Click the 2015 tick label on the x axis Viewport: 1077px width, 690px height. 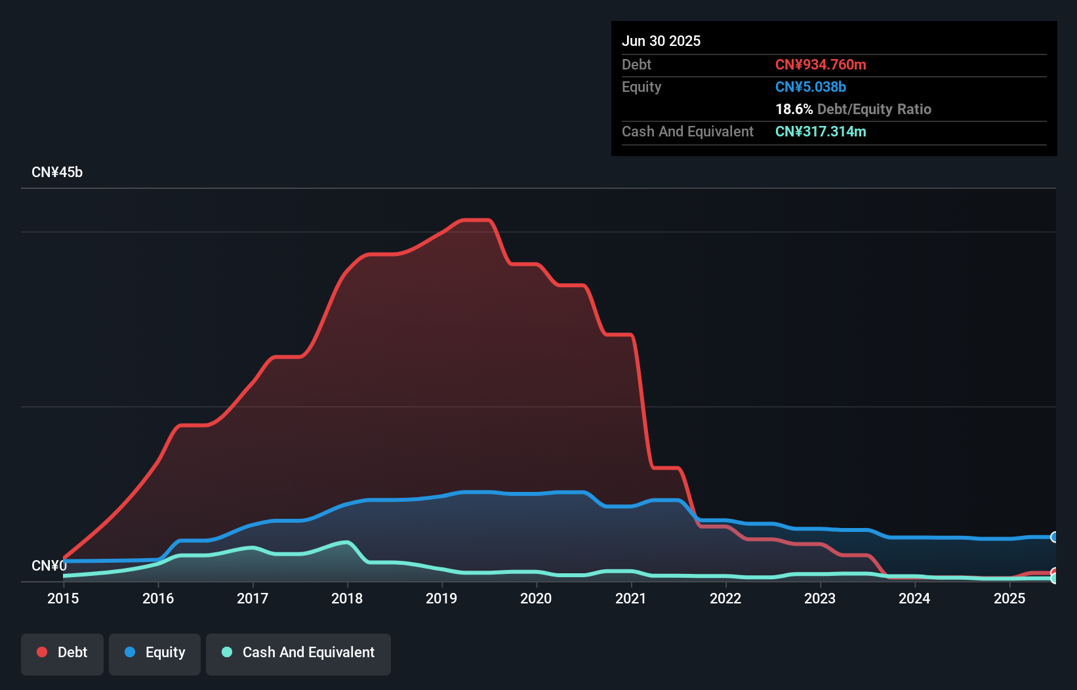63,598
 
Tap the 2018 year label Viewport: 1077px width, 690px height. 347,598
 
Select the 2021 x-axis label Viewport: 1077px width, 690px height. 631,598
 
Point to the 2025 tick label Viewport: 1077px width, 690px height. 1009,598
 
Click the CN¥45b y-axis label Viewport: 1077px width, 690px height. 57,172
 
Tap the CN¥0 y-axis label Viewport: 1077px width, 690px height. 49,565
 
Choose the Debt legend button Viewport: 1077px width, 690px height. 62,653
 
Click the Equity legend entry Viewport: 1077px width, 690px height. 155,653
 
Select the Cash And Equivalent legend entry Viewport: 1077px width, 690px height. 298,653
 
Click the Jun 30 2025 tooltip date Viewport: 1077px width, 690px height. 661,41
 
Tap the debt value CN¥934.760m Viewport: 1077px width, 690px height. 821,64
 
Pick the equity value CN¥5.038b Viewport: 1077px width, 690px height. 811,87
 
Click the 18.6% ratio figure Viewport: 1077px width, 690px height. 794,109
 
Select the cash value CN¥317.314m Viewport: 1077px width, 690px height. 821,131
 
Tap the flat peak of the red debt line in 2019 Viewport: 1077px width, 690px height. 477,220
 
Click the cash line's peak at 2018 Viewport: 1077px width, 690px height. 346,542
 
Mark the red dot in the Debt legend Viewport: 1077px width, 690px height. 42,652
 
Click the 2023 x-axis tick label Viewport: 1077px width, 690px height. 820,598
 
